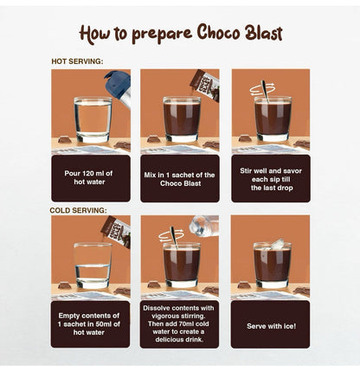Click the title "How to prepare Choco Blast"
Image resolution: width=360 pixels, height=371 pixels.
[180, 33]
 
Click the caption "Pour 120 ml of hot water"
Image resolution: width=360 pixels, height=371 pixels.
[91, 177]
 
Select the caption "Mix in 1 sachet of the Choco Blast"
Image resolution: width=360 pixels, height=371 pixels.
[180, 177]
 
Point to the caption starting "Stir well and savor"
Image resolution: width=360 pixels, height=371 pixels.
[269, 177]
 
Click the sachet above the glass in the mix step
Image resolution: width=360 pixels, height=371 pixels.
[205, 86]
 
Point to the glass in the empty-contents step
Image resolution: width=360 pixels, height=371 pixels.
[92, 265]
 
